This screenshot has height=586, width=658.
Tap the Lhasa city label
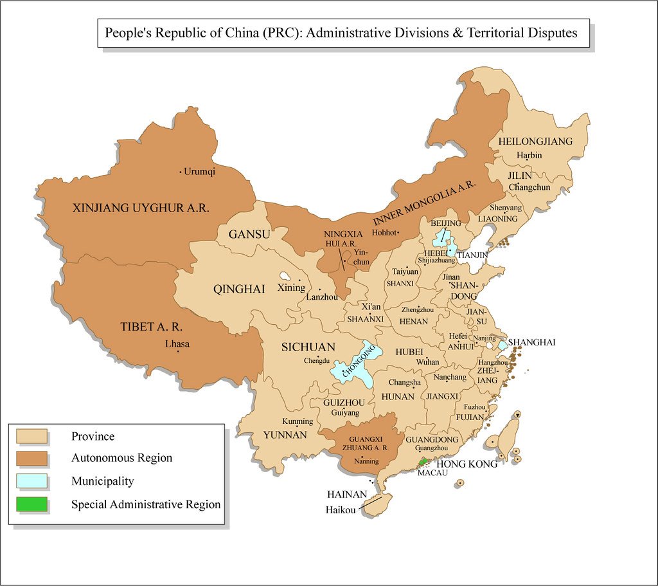pyautogui.click(x=177, y=343)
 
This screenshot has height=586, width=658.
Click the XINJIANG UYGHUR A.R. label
pyautogui.click(x=141, y=208)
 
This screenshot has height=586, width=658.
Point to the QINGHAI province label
pyautogui.click(x=239, y=289)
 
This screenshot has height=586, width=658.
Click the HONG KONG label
pyautogui.click(x=467, y=464)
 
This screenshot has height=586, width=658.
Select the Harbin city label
pyautogui.click(x=529, y=155)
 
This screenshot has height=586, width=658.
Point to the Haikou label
pyautogui.click(x=341, y=511)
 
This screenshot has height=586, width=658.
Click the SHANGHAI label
pyautogui.click(x=531, y=342)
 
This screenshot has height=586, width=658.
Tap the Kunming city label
pyautogui.click(x=298, y=421)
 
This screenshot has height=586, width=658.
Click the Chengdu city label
pyautogui.click(x=316, y=360)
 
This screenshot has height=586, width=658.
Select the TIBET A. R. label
pyautogui.click(x=152, y=327)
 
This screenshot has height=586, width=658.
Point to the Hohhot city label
pyautogui.click(x=385, y=233)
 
